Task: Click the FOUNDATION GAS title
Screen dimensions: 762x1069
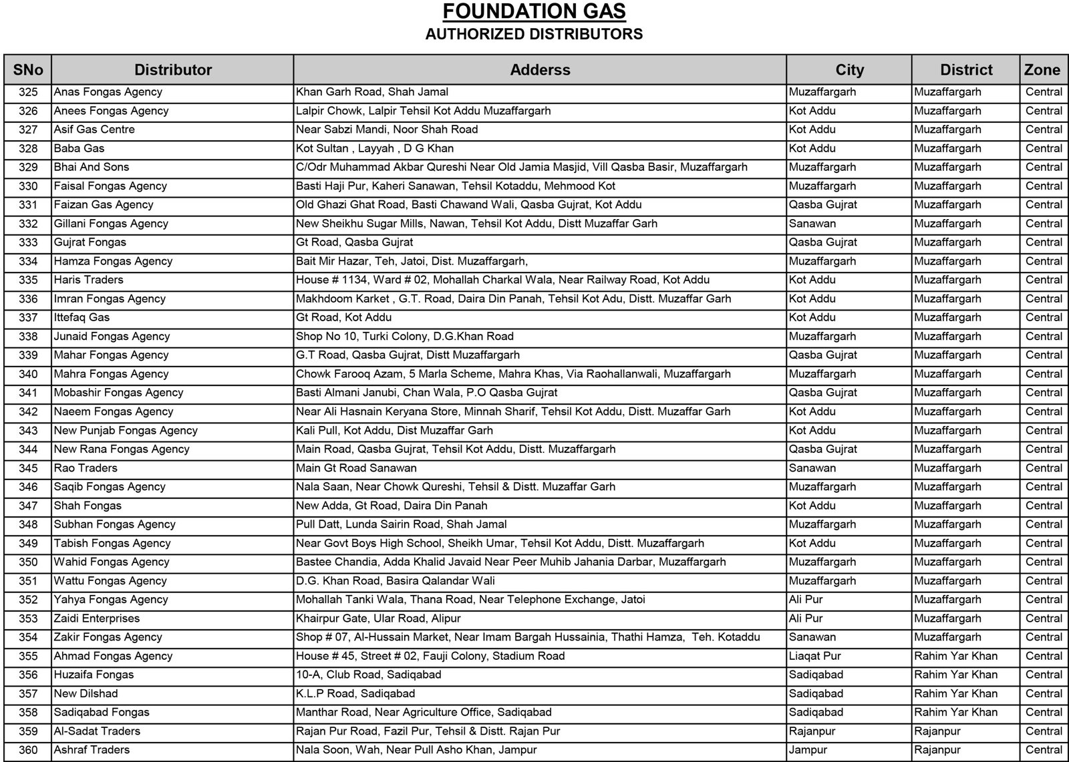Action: (x=534, y=12)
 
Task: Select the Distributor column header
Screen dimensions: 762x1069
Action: (x=173, y=70)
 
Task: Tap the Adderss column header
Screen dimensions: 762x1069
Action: (x=540, y=70)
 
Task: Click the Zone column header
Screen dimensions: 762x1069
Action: (x=1042, y=70)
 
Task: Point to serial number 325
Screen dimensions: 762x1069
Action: (x=28, y=92)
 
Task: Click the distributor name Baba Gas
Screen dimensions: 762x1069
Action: (x=79, y=148)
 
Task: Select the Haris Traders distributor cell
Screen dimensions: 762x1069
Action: (x=88, y=280)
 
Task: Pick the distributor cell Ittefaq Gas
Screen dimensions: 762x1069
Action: (x=82, y=317)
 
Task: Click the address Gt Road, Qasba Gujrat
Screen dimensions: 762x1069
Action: (x=354, y=242)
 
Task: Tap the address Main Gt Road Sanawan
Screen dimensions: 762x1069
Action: (x=356, y=468)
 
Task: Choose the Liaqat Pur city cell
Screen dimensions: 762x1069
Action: (x=814, y=656)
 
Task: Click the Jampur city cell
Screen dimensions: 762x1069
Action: (x=808, y=750)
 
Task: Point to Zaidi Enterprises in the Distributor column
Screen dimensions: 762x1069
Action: (x=97, y=618)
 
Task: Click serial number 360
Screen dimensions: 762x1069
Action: (x=28, y=750)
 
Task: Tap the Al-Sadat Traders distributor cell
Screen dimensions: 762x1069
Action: (x=97, y=731)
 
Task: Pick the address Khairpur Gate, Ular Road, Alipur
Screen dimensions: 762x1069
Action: (x=378, y=618)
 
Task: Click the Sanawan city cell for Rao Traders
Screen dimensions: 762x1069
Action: (x=812, y=468)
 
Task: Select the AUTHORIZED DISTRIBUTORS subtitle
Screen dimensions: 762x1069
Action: (x=534, y=34)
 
